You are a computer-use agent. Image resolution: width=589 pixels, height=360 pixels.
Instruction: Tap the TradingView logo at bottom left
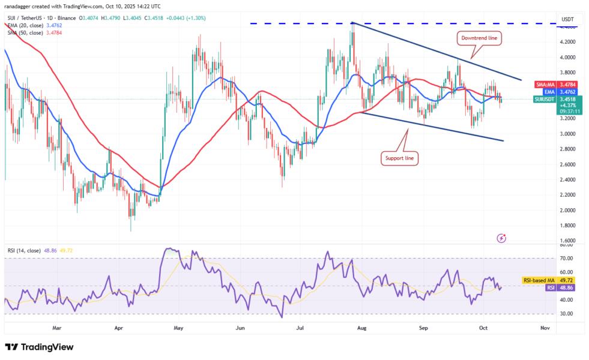pyautogui.click(x=39, y=347)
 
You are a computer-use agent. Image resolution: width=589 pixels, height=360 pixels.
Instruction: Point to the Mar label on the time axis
pyautogui.click(x=57, y=328)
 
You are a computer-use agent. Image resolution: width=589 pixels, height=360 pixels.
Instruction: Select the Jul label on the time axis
pyautogui.click(x=300, y=328)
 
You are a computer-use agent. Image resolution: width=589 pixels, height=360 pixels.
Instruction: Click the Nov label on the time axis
pyautogui.click(x=545, y=328)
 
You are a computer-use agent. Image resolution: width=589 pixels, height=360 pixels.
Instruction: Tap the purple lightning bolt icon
pyautogui.click(x=502, y=238)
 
